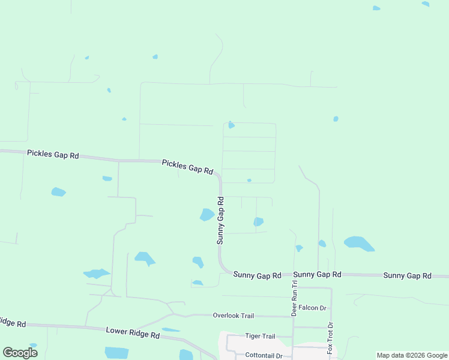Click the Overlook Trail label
click(x=234, y=316)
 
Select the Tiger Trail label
click(x=260, y=336)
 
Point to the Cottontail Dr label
click(x=264, y=355)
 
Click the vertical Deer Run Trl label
click(x=295, y=298)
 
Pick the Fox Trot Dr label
click(x=330, y=337)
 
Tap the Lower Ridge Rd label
click(x=133, y=331)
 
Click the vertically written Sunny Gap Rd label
click(x=220, y=220)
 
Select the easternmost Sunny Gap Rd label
click(x=407, y=275)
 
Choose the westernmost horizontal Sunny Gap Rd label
click(x=257, y=275)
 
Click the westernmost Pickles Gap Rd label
click(x=53, y=154)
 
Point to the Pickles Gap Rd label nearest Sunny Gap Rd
click(x=187, y=167)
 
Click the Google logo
click(x=20, y=352)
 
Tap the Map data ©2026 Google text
click(x=412, y=355)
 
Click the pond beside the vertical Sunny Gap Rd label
click(x=207, y=214)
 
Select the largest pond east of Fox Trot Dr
click(x=358, y=243)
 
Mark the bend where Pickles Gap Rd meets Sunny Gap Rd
click(x=218, y=176)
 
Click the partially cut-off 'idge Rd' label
click(x=12, y=323)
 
